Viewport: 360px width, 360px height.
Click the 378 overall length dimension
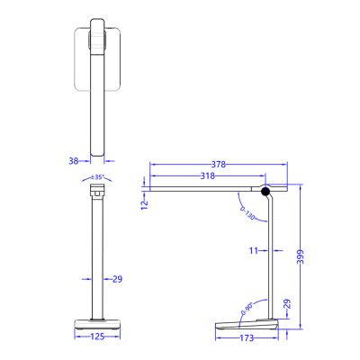(x=218, y=165)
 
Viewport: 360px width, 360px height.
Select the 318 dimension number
(x=208, y=177)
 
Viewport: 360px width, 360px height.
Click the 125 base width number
(x=98, y=337)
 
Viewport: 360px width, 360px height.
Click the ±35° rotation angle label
(x=98, y=177)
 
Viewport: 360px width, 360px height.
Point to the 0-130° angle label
(x=247, y=211)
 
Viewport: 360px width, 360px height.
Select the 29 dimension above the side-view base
(x=286, y=305)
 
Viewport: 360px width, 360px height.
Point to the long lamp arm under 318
(x=207, y=189)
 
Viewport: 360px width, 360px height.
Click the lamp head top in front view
(x=98, y=192)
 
